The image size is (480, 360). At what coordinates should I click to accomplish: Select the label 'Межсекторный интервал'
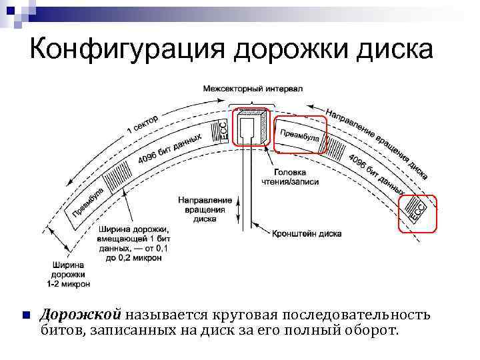point(253,88)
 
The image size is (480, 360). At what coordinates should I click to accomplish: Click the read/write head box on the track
point(251,127)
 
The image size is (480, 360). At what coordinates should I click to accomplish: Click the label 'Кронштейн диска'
point(307,234)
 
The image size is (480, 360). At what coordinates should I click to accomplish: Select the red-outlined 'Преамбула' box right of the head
point(301,135)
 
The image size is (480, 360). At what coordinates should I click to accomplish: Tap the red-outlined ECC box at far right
point(417,213)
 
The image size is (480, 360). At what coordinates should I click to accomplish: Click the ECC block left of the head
point(223,129)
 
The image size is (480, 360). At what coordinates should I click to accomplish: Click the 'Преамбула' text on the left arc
point(88,202)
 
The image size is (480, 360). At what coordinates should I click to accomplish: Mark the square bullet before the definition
point(25,315)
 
